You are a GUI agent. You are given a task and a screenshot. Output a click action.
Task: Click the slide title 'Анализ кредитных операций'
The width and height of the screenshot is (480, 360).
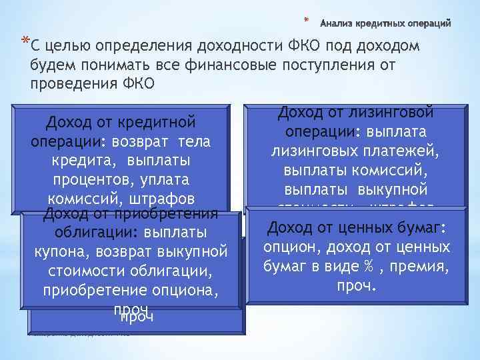point(386,24)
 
